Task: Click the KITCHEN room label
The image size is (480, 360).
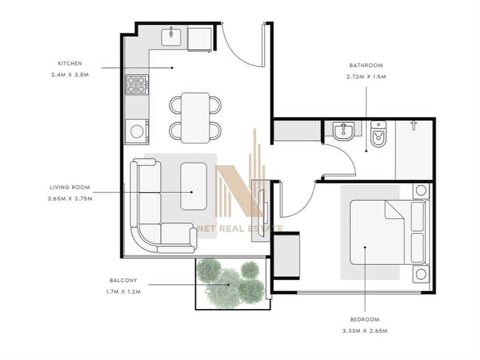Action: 70,64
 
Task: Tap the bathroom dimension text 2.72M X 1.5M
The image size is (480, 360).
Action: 366,77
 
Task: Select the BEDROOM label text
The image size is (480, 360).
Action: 365,320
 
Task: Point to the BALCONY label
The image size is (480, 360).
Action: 124,280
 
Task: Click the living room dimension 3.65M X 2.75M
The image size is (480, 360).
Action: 70,199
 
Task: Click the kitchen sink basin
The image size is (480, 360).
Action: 171,37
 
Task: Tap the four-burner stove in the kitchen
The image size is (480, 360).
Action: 137,85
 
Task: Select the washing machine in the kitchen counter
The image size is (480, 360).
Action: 137,131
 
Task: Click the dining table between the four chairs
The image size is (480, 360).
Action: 196,118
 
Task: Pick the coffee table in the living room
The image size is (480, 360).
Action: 193,187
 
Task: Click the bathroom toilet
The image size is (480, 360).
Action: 379,133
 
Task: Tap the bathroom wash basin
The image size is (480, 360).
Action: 343,131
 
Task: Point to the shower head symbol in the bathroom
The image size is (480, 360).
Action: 413,125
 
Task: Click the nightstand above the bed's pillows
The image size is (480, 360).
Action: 421,191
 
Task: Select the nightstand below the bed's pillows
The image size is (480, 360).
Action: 421,274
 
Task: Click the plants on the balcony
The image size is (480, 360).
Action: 230,283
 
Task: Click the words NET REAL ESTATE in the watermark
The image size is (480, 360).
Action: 240,229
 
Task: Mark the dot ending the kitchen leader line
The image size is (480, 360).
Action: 172,68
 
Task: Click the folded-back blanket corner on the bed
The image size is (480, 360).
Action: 394,210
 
